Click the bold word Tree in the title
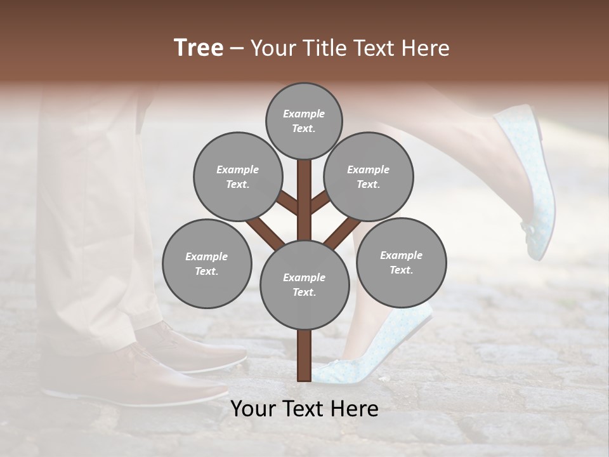[x=199, y=48]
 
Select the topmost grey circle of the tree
[x=304, y=121]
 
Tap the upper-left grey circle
[x=237, y=176]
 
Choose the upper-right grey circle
[x=368, y=176]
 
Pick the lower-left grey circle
[x=207, y=263]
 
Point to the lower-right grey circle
[x=401, y=262]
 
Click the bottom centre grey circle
[x=304, y=284]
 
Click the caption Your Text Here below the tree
[x=304, y=409]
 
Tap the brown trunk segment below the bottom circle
[x=304, y=355]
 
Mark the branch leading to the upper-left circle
[x=287, y=202]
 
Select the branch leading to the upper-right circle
[x=320, y=201]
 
